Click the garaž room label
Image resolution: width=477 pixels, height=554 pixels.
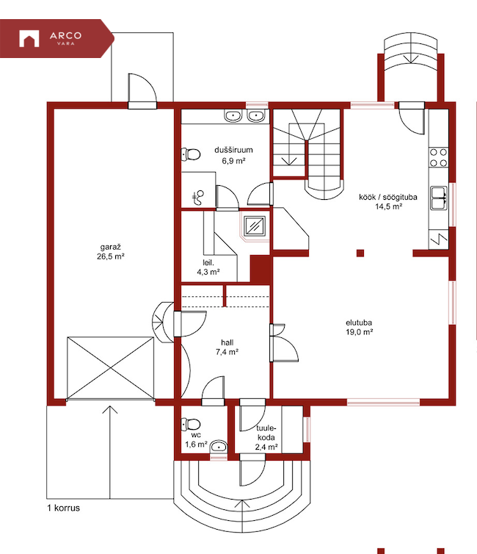(x=110, y=251)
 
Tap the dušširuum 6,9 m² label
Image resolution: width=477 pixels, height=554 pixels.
(x=233, y=155)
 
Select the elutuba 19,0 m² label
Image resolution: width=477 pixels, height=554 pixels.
(x=359, y=327)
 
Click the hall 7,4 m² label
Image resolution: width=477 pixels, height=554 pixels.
(x=227, y=347)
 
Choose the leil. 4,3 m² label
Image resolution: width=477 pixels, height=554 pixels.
(x=208, y=267)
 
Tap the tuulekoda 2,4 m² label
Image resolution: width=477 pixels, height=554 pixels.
(x=266, y=438)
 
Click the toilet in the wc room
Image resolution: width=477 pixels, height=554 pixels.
(x=191, y=424)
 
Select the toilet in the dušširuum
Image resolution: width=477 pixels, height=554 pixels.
(x=191, y=154)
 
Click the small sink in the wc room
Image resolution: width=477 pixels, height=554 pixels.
(x=219, y=447)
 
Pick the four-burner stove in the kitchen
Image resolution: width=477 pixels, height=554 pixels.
(x=439, y=157)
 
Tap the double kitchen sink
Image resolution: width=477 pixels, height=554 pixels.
(x=439, y=198)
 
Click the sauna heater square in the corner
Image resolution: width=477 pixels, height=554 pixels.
(x=255, y=226)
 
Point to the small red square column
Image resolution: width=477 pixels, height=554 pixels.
(x=360, y=253)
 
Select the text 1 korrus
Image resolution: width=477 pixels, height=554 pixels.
(x=64, y=508)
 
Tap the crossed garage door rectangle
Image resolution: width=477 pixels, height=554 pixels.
(x=110, y=368)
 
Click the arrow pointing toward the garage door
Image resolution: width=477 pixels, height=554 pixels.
(x=110, y=453)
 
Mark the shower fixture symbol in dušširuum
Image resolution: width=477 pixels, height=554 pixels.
(x=198, y=198)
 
